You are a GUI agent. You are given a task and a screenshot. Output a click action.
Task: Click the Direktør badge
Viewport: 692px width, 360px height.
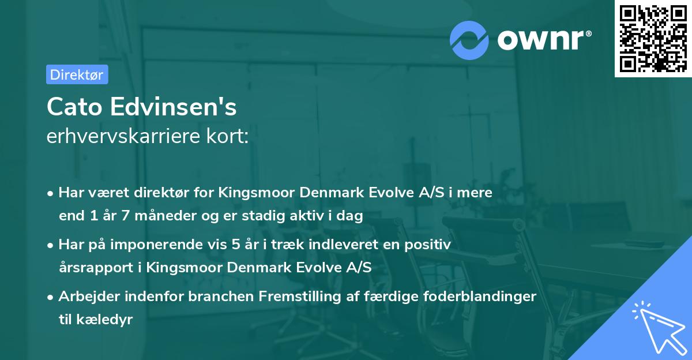click(77, 74)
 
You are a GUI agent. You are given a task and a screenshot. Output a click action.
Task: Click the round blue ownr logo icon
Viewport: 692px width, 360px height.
click(469, 39)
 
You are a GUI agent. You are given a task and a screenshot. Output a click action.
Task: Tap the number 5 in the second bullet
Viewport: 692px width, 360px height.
click(237, 245)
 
